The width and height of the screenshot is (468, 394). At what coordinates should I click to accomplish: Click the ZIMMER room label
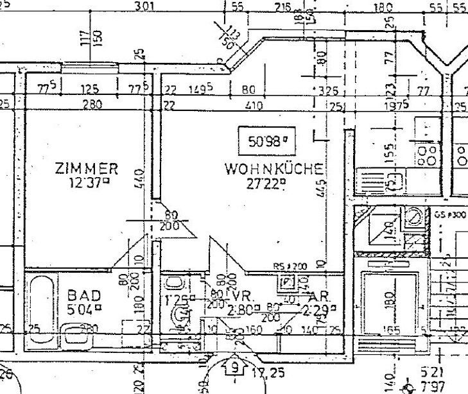pos(87,169)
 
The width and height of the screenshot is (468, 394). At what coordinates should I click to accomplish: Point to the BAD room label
pos(84,296)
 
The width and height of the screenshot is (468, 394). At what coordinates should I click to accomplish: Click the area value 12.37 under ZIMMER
pos(87,182)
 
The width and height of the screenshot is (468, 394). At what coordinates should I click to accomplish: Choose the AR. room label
pos(319,298)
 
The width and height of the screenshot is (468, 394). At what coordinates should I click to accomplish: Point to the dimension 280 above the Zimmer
pos(92,104)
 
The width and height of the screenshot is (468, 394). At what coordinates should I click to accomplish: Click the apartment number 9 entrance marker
pos(236,368)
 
